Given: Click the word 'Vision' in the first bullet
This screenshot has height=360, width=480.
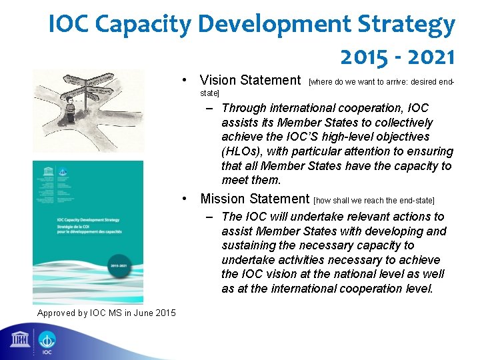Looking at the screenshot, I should tap(218, 81).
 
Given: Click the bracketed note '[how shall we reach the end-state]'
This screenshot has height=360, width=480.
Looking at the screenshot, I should tap(373, 200).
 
